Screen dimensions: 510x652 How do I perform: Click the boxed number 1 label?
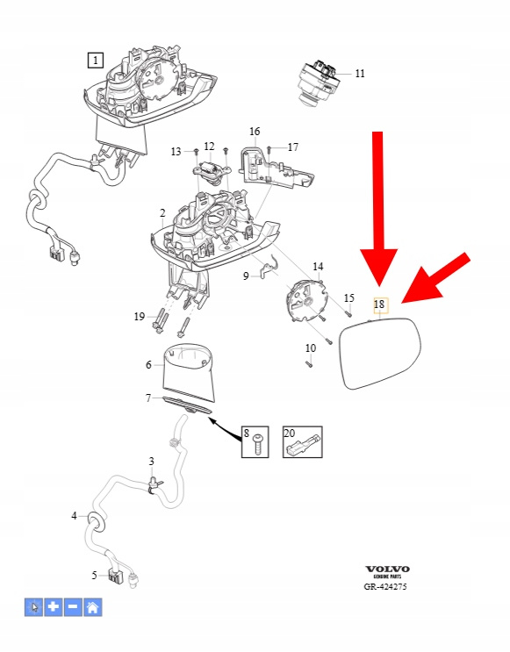tap(96, 61)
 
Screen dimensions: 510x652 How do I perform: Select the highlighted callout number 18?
tap(379, 305)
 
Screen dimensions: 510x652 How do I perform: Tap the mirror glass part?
tap(381, 353)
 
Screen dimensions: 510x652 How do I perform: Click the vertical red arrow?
tap(378, 208)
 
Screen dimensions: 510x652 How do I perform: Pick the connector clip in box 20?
tap(303, 446)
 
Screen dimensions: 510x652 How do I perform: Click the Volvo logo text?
tap(387, 569)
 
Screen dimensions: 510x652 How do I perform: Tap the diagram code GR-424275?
tap(385, 586)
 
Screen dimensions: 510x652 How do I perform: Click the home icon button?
tap(93, 607)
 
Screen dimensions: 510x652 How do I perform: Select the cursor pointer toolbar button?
tap(33, 607)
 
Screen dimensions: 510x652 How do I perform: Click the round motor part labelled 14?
tap(305, 300)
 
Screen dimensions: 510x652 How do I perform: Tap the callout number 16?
tap(255, 132)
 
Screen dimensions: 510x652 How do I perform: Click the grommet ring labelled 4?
tap(96, 522)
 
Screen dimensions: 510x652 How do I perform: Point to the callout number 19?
tap(140, 317)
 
